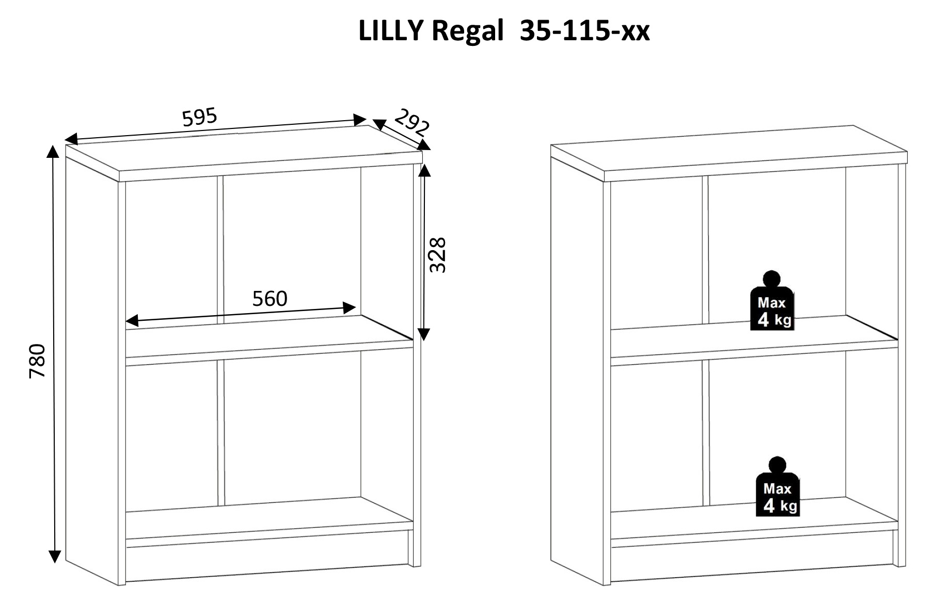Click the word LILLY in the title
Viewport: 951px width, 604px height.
point(391,31)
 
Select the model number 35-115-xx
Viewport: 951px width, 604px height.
point(584,31)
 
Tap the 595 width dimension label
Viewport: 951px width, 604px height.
point(200,118)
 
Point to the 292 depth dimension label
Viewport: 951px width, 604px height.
point(412,123)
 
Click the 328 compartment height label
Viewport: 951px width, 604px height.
point(438,255)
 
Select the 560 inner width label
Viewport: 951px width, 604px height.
point(270,299)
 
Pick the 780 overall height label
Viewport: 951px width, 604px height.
point(38,361)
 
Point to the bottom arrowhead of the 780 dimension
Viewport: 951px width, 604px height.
point(54,557)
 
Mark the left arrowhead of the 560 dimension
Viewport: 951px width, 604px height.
point(132,321)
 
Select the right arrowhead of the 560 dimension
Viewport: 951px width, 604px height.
point(350,308)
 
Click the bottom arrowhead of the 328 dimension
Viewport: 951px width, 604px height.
point(424,335)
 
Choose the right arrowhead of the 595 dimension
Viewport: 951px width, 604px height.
point(360,120)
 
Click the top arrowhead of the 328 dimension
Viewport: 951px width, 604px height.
point(424,170)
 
